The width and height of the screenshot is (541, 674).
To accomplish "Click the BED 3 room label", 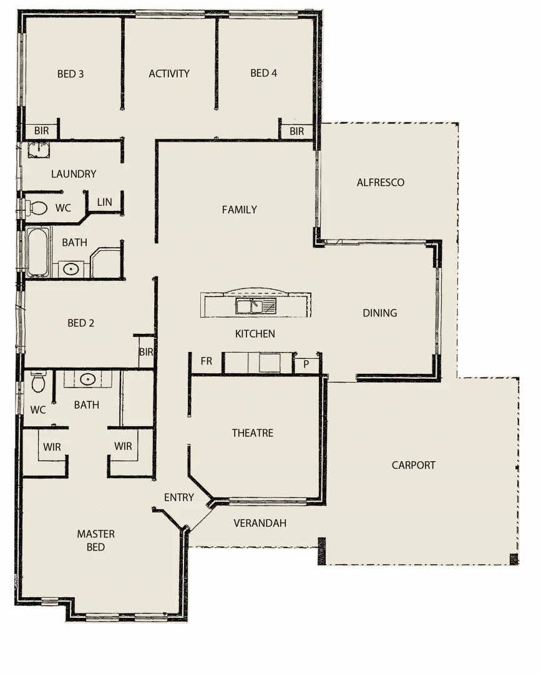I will (71, 74).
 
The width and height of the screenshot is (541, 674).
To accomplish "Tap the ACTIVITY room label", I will (169, 74).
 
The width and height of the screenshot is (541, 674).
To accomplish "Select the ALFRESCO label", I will (380, 182).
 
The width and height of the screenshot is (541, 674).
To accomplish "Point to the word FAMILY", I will (239, 210).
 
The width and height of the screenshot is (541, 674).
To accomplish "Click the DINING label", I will (379, 313).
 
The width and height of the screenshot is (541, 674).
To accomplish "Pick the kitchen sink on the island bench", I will (256, 306).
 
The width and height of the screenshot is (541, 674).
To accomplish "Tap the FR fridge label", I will (206, 361).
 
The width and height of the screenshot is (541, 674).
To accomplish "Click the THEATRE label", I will (252, 432).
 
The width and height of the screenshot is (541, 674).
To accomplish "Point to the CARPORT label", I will (413, 465).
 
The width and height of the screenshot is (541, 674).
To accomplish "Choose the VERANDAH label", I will (260, 523).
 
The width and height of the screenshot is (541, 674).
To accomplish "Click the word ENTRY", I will (178, 497).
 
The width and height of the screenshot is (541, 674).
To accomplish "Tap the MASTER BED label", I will (95, 540).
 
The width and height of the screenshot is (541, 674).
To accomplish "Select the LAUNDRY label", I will (74, 174).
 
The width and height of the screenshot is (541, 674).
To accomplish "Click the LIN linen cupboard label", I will (104, 202).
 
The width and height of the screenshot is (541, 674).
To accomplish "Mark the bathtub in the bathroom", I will (37, 252).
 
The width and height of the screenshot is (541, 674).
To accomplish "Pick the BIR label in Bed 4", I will (296, 131).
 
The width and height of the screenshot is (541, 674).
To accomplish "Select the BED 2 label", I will (80, 323).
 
